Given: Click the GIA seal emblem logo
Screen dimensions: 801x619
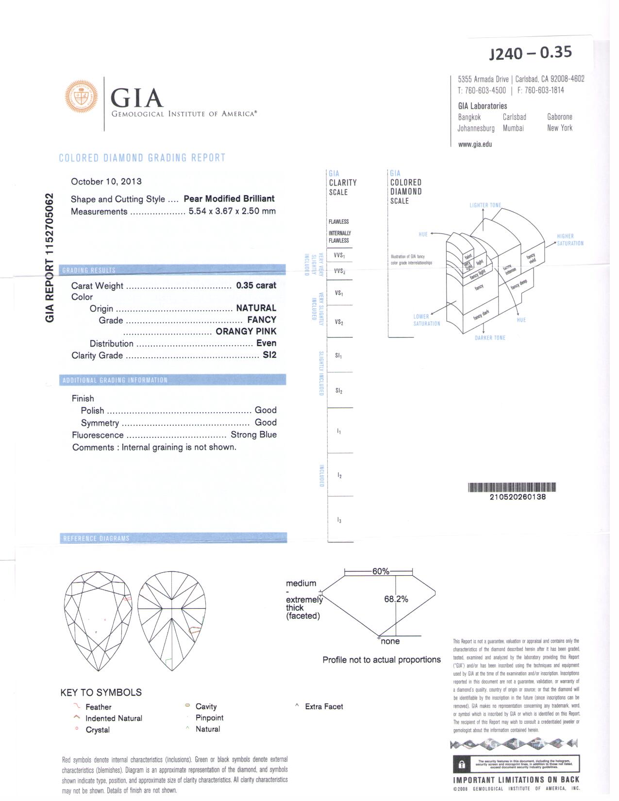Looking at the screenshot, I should coord(81,96).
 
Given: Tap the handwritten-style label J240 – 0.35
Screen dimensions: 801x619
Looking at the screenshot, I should coord(531,52).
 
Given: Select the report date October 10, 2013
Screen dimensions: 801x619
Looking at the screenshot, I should coord(106,182).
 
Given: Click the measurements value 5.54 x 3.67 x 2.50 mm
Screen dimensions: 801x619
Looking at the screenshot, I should coord(232,211).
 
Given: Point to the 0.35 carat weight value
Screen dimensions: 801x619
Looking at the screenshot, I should coord(256,285).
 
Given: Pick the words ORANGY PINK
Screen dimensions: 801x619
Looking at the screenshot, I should coord(246,332).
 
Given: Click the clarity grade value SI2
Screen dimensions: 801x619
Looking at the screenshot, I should coord(269,355).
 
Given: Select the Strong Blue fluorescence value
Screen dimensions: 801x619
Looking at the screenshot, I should coord(253,435).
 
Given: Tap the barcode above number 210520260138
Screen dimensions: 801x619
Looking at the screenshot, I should coord(512,487).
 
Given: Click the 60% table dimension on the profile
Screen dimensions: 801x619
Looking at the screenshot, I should coord(381,571).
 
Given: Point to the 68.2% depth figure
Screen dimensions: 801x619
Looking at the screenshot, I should coord(396,599).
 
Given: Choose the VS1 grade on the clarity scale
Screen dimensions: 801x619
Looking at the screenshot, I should coord(339,293).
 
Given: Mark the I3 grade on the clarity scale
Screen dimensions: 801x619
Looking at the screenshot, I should coord(339,520).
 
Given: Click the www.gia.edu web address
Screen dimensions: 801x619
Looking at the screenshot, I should coord(475,144).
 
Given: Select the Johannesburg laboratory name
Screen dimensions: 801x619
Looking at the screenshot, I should coord(476,129).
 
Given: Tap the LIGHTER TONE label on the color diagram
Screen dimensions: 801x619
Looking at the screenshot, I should coord(485,205).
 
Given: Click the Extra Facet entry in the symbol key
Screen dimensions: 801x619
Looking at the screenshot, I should coord(324,707).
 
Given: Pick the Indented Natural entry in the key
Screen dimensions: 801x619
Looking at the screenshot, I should coord(114,718).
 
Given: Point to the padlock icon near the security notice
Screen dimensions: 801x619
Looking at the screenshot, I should coord(462,765).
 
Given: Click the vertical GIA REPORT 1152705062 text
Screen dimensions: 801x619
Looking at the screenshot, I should coord(50,258).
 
